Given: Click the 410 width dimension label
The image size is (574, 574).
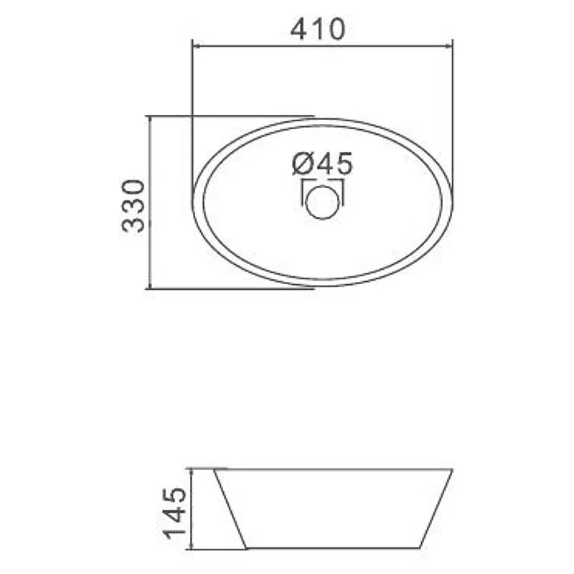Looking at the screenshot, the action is [x=318, y=29].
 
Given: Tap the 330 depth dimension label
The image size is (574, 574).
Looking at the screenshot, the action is [x=133, y=206].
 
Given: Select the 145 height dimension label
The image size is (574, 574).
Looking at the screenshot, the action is [x=174, y=513].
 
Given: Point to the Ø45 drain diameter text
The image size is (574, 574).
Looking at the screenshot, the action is [x=322, y=164].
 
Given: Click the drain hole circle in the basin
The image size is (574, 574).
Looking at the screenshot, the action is [x=322, y=202].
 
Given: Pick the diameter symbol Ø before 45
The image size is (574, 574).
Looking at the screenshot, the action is [x=302, y=164].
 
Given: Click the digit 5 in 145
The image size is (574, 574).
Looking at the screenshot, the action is [x=174, y=495].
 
